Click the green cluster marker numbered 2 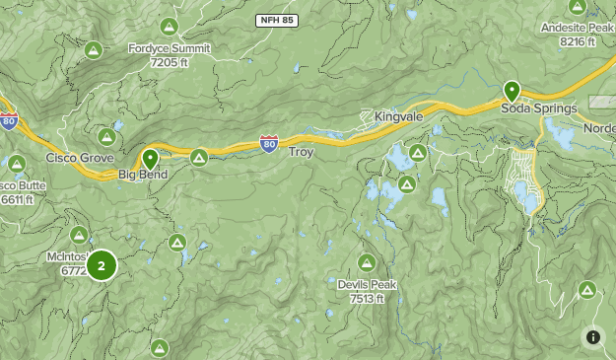click(x=102, y=265)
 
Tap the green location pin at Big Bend click(x=151, y=158)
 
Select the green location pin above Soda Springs click(x=512, y=91)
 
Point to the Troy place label click(x=301, y=152)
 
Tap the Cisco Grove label click(x=80, y=158)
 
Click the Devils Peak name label click(x=367, y=285)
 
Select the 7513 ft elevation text click(x=367, y=297)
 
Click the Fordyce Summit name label click(x=169, y=47)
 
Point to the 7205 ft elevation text click(x=169, y=61)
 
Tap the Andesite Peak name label click(x=578, y=28)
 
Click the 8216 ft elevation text click(x=578, y=41)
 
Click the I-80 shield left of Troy click(x=269, y=144)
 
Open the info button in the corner click(x=593, y=337)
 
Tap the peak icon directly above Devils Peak click(x=367, y=262)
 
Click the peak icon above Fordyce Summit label click(x=169, y=26)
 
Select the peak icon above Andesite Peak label click(x=578, y=7)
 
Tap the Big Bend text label click(x=143, y=175)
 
